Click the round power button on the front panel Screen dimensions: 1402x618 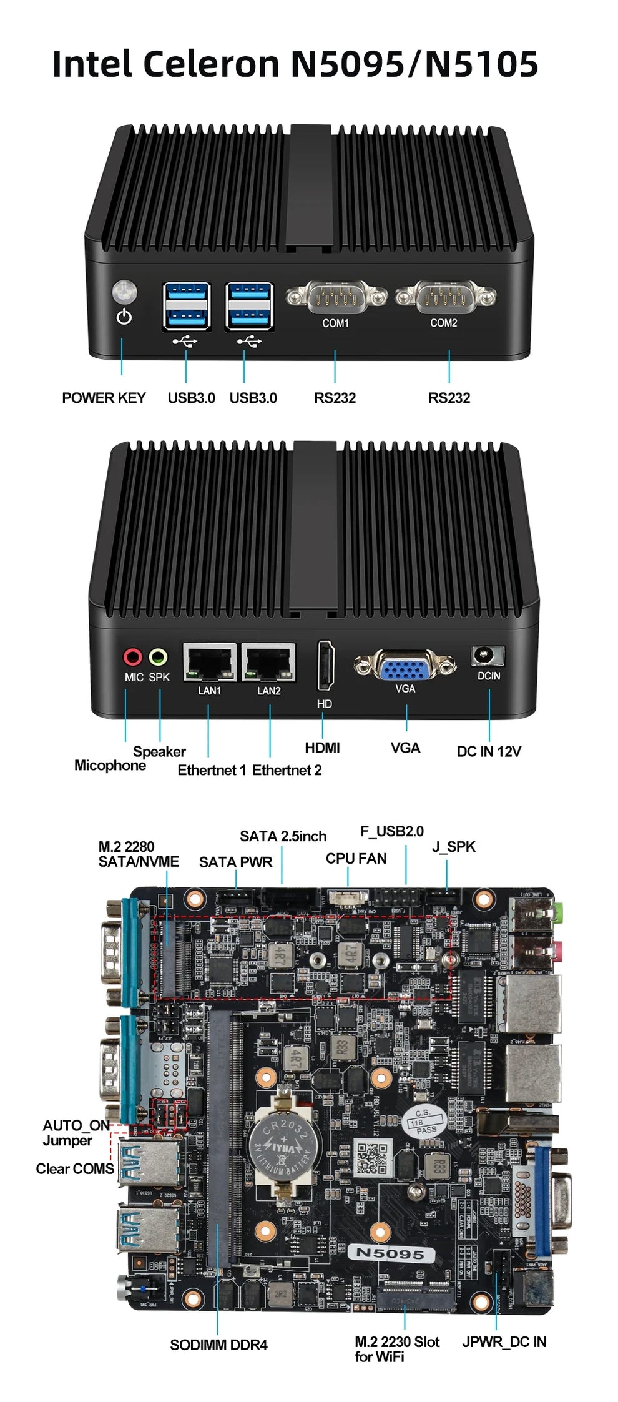coord(124,292)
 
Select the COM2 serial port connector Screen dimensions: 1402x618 coord(444,297)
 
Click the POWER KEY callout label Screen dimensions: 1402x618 coord(104,398)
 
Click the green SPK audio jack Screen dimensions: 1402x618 coord(158,657)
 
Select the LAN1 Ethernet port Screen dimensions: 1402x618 coord(210,662)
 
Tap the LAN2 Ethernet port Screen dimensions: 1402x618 coord(268,662)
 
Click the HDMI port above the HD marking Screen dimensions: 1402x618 coord(325,665)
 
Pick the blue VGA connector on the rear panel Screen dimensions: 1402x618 coord(405,668)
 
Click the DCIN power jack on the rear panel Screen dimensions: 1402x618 coord(488,656)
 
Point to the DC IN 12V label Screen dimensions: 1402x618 coord(488,751)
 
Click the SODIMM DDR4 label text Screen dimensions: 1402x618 coord(218,1345)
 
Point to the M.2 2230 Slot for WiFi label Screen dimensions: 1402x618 coord(397,1349)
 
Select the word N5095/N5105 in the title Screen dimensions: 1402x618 coord(414,64)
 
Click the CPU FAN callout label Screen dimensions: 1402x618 coord(356,859)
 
